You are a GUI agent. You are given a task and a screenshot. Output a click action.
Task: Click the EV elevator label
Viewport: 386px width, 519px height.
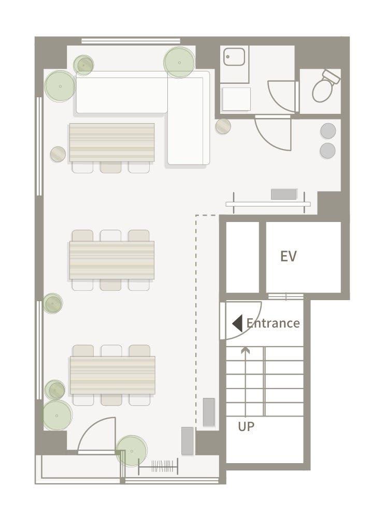pos(288,256)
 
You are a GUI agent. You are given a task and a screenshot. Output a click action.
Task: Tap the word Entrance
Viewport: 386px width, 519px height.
pos(273,323)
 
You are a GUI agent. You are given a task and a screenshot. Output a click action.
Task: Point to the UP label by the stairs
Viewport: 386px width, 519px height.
pos(246,426)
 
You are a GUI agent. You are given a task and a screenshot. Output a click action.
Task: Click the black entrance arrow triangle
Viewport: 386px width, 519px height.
pos(237,323)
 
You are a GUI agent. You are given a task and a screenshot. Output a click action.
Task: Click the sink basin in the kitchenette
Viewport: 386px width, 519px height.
pos(234,56)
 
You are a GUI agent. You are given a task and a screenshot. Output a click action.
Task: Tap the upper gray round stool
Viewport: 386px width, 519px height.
pos(328,131)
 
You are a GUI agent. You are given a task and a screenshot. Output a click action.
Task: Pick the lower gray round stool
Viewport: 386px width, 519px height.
pos(327,151)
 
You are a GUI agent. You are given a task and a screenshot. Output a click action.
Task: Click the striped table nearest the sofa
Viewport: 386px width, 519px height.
pos(112,142)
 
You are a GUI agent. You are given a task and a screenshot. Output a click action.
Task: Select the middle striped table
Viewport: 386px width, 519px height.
pos(112,260)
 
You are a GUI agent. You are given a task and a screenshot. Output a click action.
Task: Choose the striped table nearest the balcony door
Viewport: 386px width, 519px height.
pos(112,375)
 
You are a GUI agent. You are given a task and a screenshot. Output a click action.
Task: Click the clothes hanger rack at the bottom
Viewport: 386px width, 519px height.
pos(158,466)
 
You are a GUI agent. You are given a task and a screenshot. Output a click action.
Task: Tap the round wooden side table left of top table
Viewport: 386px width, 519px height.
pos(58,154)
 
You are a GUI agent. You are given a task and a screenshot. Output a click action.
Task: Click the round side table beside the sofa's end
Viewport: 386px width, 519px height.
pos(223,126)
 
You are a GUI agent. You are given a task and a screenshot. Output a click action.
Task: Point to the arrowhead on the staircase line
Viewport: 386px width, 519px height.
pos(245,350)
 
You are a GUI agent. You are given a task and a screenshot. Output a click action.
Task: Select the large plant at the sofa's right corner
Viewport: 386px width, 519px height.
pos(179,62)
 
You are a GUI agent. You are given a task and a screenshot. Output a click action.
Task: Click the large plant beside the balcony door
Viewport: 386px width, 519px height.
pos(132,451)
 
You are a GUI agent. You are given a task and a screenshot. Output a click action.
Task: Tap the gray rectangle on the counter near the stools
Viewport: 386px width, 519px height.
pos(284,194)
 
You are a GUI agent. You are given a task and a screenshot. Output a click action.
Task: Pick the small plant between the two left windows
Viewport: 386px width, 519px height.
pos(53,303)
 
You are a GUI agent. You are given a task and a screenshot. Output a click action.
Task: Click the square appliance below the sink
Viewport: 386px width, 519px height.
pos(236,99)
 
